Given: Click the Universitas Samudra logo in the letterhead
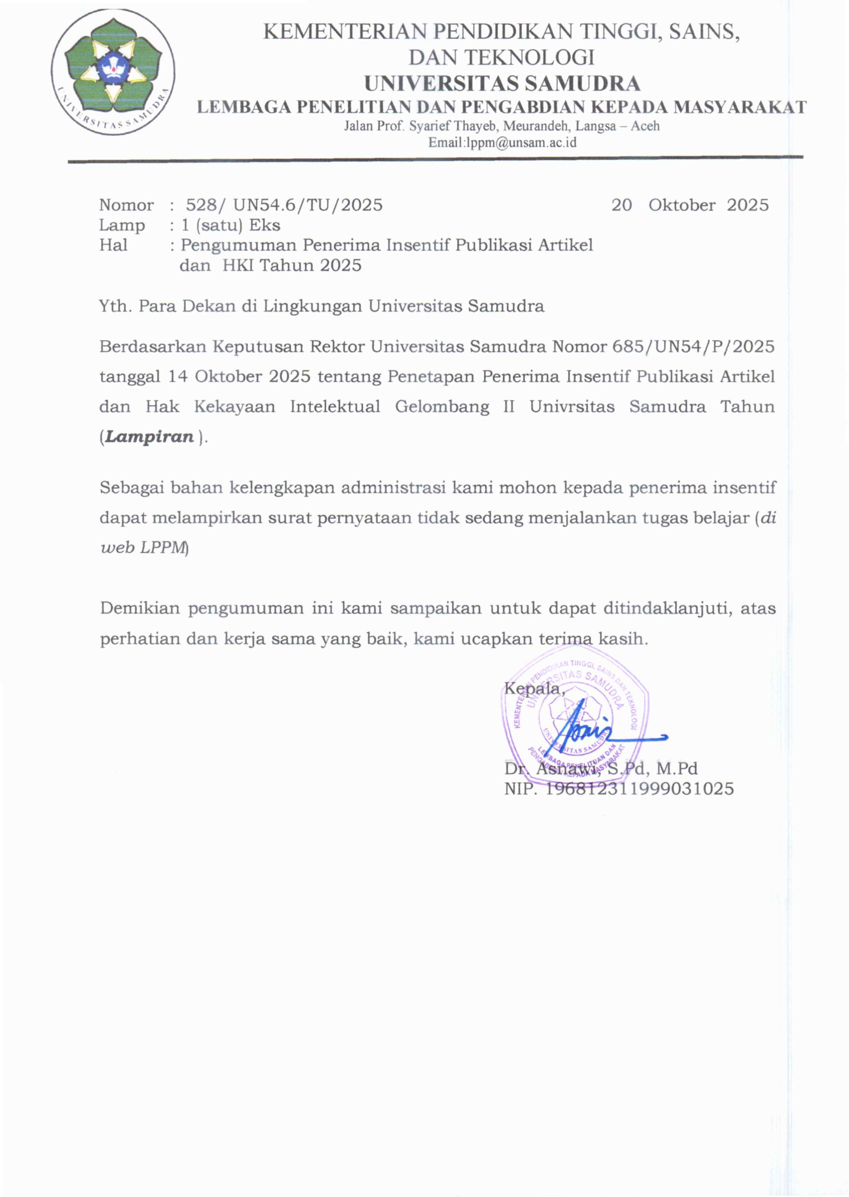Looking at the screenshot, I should click(113, 72).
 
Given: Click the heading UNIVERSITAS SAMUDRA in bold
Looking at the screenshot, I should click(502, 83).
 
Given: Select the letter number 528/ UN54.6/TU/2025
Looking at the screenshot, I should click(284, 205).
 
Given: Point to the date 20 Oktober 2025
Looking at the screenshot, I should click(690, 205).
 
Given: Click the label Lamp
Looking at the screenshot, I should click(122, 225).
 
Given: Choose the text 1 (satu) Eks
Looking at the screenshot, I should click(230, 225).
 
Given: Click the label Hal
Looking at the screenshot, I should click(114, 245).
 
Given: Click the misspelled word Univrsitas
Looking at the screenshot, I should click(571, 406).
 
